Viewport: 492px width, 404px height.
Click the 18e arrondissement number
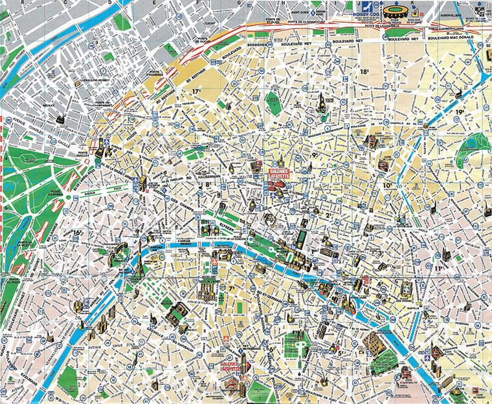(x=365, y=72)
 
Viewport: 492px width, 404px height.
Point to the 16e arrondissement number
(x=78, y=233)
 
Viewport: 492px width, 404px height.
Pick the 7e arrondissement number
(x=231, y=288)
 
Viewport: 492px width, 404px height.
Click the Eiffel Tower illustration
(x=137, y=262)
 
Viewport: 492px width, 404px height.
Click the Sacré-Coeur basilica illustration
(x=320, y=103)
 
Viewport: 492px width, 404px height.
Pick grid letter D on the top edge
(x=110, y=3)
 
